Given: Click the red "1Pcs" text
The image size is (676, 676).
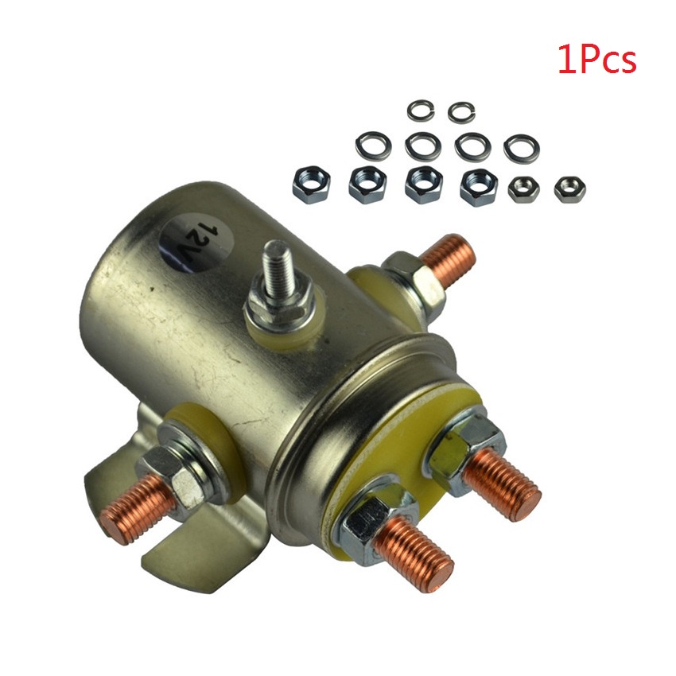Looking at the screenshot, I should coord(597,61).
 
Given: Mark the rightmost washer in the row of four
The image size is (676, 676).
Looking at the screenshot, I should coord(522,146).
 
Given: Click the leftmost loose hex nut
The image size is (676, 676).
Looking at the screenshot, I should coord(305,183).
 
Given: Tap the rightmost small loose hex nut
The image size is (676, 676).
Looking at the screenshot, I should coord(568,188).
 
